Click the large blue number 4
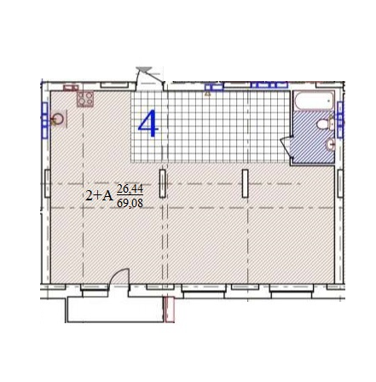(148, 124)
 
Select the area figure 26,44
(130, 188)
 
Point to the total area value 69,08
(130, 203)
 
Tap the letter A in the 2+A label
(107, 195)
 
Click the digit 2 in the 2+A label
(90, 195)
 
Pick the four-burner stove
(86, 99)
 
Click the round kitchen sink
(57, 120)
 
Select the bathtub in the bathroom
(312, 102)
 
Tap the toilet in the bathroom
(321, 125)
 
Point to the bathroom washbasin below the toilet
(330, 144)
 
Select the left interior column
(162, 183)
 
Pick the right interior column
(245, 183)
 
